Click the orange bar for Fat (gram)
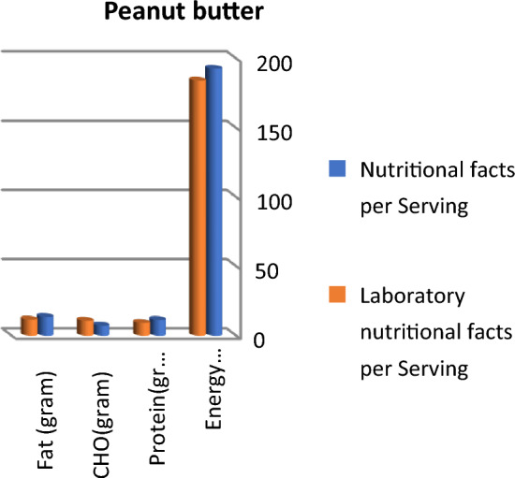(29, 326)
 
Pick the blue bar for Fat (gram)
(45, 325)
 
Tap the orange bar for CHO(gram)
(85, 326)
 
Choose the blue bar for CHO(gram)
(101, 329)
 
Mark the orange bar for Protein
(141, 327)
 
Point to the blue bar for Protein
(157, 326)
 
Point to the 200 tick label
(255, 64)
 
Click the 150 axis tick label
(255, 133)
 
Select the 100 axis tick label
(255, 202)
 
